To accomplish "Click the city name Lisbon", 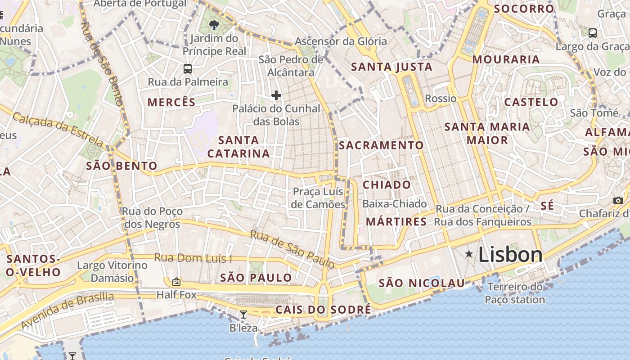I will (x=510, y=255).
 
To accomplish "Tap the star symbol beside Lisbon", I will (x=469, y=254).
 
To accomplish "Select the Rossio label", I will (x=441, y=99).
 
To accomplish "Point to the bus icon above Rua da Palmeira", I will (x=188, y=69).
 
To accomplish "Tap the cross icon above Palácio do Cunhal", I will (x=276, y=95).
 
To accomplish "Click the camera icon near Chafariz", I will (x=618, y=200).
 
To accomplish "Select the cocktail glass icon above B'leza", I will (x=243, y=314).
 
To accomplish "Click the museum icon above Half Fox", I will (x=176, y=282).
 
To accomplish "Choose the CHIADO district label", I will (x=387, y=185).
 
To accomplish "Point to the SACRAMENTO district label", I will (x=381, y=145).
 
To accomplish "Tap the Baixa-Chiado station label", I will (x=394, y=204).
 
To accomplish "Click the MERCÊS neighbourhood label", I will (x=171, y=102).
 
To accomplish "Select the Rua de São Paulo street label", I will (x=292, y=249).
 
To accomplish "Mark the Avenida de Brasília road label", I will (x=67, y=310).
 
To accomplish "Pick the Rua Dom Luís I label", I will (x=193, y=258).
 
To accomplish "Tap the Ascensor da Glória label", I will (x=341, y=41).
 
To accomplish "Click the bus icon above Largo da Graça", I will (x=593, y=33).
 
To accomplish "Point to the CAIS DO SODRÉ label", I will (x=323, y=310).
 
